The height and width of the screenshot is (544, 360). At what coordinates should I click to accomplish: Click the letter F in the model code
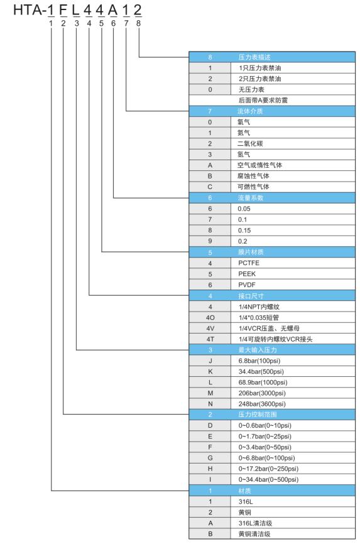click(63, 10)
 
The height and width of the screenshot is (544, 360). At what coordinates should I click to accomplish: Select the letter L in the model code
click(75, 10)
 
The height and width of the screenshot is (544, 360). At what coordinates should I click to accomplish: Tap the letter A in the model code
click(113, 10)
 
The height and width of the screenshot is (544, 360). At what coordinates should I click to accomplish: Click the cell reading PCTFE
click(293, 263)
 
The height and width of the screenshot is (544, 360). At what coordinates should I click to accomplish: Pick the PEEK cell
click(293, 274)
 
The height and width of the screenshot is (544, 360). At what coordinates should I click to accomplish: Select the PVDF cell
click(293, 285)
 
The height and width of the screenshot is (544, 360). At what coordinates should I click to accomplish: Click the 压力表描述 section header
click(272, 57)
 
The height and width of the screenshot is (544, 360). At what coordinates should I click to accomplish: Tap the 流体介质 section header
click(272, 111)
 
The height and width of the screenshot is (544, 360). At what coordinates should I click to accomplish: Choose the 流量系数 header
click(272, 198)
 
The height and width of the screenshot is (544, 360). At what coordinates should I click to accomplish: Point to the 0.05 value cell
click(293, 209)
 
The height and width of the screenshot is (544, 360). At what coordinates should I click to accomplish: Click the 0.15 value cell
click(293, 231)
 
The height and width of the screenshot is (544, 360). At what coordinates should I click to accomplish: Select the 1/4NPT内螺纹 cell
click(293, 307)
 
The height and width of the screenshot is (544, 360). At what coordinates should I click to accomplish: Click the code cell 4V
click(210, 328)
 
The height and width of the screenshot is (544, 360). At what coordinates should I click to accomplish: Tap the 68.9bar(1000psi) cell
click(293, 383)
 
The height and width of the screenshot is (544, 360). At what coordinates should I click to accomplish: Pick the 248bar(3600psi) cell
click(293, 404)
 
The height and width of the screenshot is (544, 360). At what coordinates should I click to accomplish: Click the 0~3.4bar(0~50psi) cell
click(293, 447)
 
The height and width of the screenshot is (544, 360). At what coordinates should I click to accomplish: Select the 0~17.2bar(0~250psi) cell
click(293, 469)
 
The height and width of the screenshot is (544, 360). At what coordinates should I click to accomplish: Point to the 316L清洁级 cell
click(293, 523)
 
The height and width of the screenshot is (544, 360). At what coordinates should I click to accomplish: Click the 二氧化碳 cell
click(293, 144)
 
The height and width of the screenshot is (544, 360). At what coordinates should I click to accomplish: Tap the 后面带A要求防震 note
click(263, 101)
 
